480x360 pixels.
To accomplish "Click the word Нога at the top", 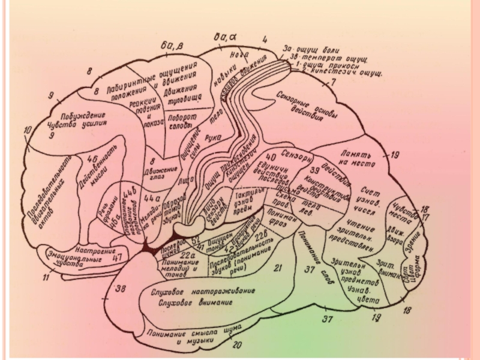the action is tap(230, 55).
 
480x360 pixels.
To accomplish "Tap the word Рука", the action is tap(213, 137).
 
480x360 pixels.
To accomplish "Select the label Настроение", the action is tap(94, 246).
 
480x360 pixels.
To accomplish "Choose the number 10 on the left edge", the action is tap(28, 130).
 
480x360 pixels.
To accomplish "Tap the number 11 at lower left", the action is tap(46, 277).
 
